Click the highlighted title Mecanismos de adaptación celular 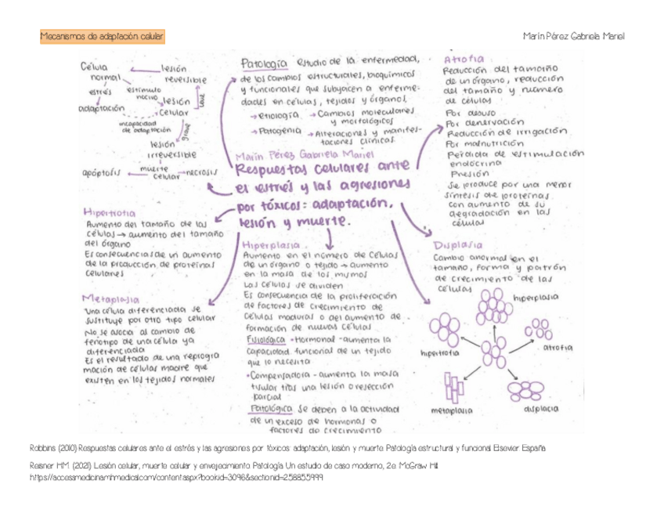102,37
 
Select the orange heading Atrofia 464,59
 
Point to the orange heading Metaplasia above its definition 110,298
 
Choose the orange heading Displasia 458,244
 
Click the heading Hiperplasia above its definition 272,244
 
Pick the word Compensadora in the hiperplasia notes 283,374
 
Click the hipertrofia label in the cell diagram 440,353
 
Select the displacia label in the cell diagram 541,408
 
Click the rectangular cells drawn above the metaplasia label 454,388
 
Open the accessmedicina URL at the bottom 176,476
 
